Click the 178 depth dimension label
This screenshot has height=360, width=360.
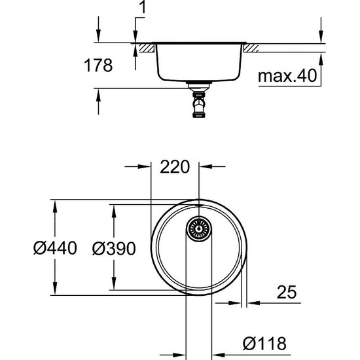(x=98, y=65)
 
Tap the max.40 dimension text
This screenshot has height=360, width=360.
(x=287, y=77)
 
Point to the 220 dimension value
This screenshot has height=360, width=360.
(x=175, y=167)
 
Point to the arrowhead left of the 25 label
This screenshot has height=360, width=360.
(x=253, y=304)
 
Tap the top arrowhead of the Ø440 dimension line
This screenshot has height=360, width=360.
(x=55, y=204)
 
